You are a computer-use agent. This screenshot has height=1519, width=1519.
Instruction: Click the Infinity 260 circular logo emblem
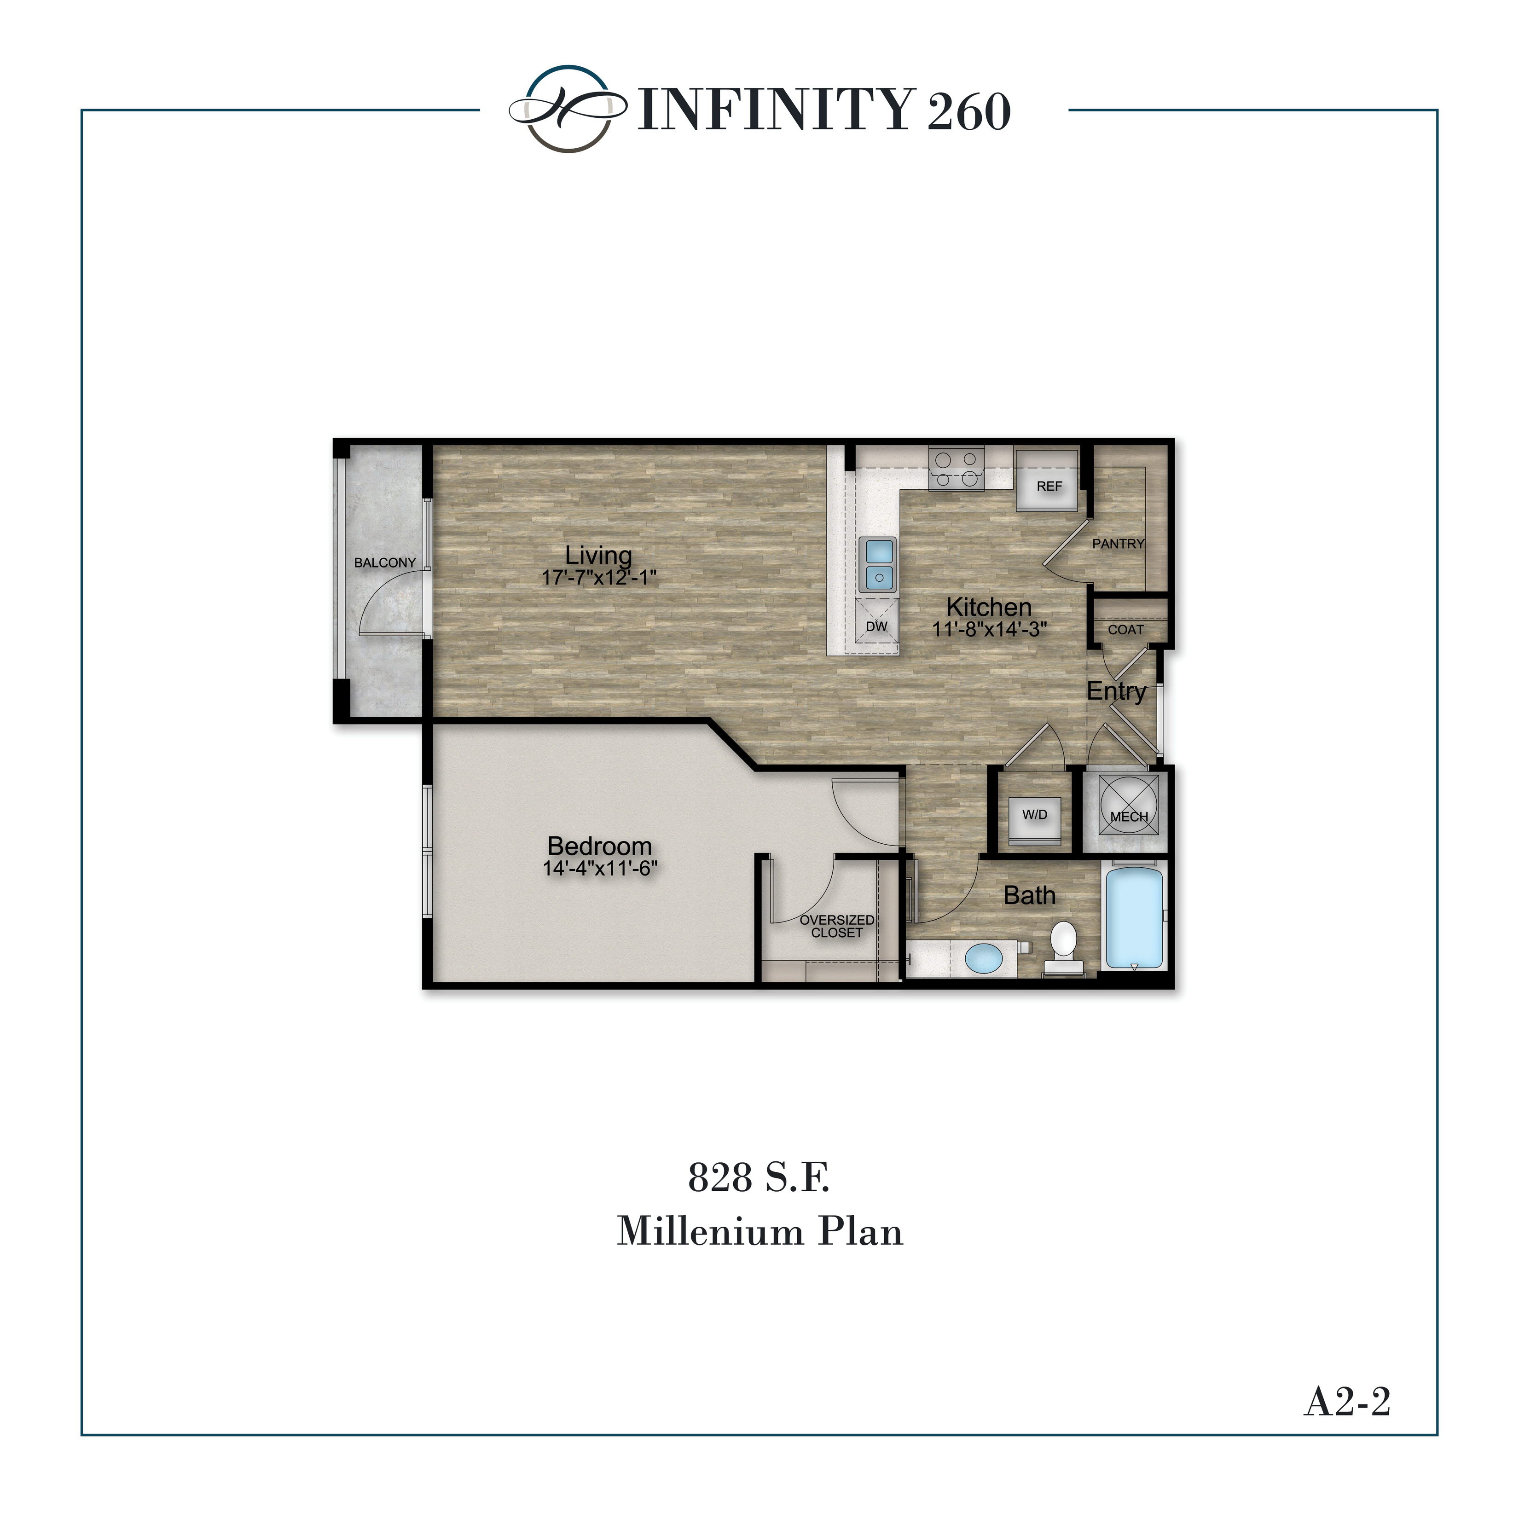pyautogui.click(x=568, y=109)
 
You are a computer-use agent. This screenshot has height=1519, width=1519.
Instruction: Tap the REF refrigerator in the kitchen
pyautogui.click(x=1048, y=481)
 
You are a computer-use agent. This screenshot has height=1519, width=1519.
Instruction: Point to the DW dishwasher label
pyautogui.click(x=877, y=626)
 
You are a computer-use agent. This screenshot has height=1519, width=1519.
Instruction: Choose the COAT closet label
pyautogui.click(x=1126, y=630)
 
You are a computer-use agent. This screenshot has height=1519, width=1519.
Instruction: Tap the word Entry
pyautogui.click(x=1116, y=692)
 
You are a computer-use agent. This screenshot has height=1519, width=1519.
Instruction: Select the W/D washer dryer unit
pyautogui.click(x=1035, y=815)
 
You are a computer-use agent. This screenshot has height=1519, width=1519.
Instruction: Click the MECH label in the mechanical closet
pyautogui.click(x=1129, y=817)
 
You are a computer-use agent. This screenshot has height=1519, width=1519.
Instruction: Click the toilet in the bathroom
pyautogui.click(x=1063, y=946)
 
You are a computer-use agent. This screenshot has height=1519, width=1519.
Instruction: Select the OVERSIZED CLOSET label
pyautogui.click(x=836, y=926)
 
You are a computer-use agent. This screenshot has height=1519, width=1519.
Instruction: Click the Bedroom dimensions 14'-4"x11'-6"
pyautogui.click(x=600, y=869)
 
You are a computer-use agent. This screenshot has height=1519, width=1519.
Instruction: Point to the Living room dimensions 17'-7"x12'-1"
pyautogui.click(x=599, y=578)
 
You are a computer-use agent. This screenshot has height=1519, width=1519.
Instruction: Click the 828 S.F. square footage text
pyautogui.click(x=759, y=1177)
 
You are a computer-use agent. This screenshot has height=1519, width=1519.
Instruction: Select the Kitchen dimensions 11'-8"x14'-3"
pyautogui.click(x=990, y=629)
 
